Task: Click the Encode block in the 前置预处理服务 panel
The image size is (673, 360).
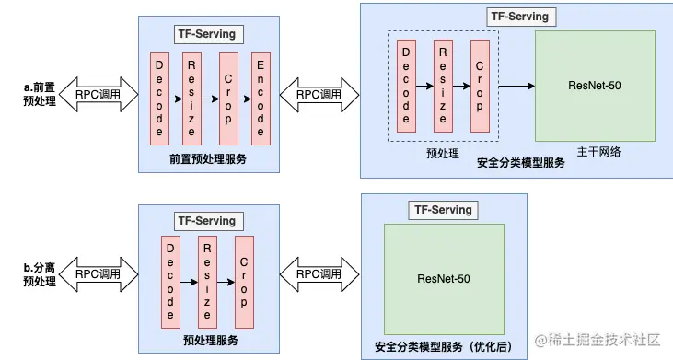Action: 261,99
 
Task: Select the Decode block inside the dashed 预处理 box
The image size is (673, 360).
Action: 406,85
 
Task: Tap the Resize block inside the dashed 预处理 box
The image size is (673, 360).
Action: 443,85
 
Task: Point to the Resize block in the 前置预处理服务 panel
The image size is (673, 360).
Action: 193,99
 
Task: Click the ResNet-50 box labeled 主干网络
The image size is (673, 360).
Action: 595,86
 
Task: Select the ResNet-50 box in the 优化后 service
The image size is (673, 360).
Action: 445,279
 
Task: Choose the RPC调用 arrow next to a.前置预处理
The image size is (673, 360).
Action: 98,94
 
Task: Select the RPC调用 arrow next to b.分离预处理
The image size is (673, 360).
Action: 98,274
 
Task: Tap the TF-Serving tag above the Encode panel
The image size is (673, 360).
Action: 206,34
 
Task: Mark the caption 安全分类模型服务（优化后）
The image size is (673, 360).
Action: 443,346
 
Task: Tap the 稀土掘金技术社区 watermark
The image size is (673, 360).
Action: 599,343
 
